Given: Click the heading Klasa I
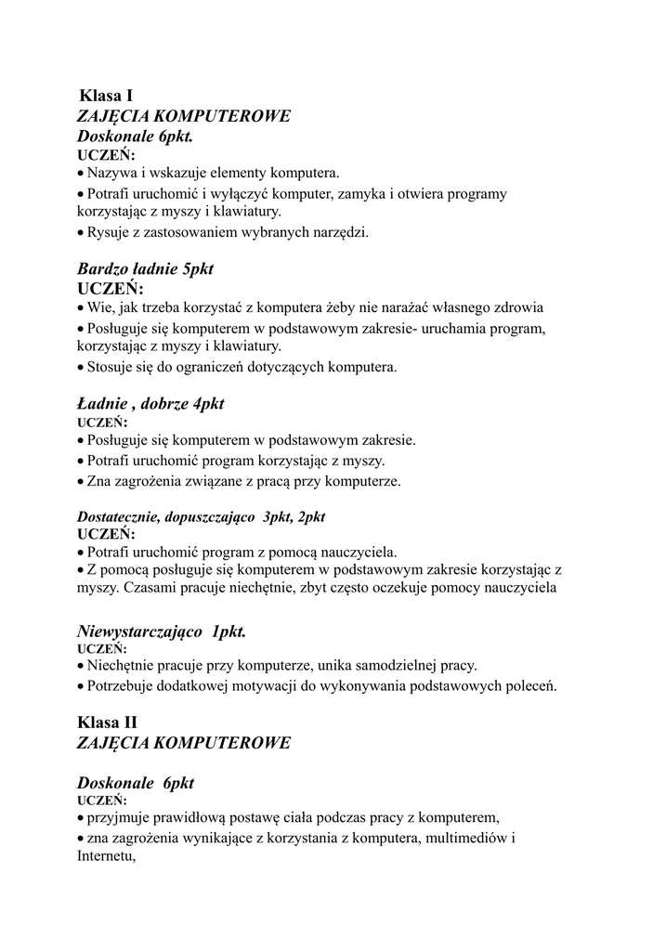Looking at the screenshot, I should click(106, 95).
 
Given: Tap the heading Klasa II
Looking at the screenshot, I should click(108, 722).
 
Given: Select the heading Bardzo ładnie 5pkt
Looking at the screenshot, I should click(145, 268).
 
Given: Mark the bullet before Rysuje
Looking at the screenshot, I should click(81, 233).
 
